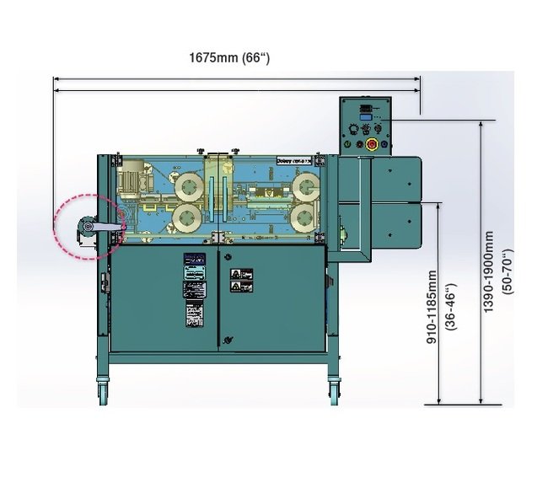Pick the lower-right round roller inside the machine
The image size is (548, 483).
pos(304,218)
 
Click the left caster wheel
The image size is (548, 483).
pos(104,389)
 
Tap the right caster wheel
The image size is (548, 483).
pos(333,389)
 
